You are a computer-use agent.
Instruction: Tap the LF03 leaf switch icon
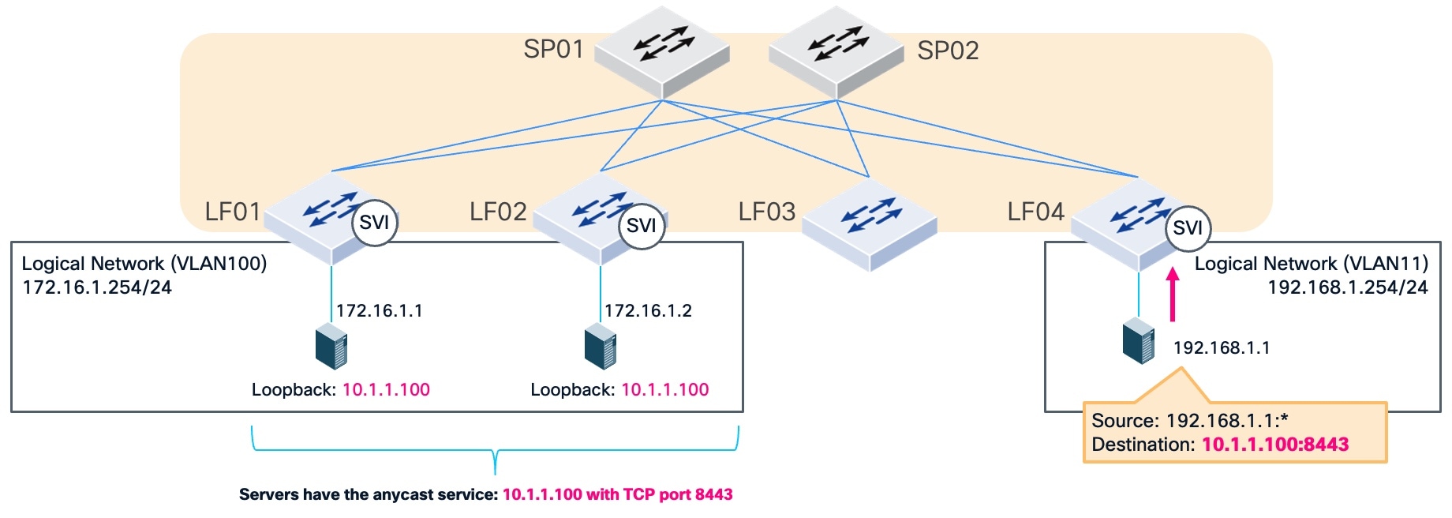tap(869, 224)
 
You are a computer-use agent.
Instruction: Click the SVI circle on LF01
tap(374, 223)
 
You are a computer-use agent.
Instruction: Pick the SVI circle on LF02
tap(641, 226)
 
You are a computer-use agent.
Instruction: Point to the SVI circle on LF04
tap(1188, 227)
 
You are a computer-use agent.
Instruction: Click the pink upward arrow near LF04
tap(1173, 294)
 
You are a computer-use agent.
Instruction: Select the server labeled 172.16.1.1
tap(331, 347)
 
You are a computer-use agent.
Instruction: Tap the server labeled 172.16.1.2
tap(601, 347)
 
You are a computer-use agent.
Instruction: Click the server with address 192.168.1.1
tap(1139, 341)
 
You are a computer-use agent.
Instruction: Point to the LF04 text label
tap(1035, 212)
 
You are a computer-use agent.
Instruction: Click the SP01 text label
tap(554, 49)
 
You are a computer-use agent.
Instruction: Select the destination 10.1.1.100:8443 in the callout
tap(1275, 445)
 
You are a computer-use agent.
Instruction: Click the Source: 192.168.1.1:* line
tap(1189, 421)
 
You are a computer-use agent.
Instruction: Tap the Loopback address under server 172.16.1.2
tap(664, 389)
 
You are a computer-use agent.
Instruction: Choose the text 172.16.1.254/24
tap(97, 287)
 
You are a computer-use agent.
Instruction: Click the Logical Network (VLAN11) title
tap(1311, 264)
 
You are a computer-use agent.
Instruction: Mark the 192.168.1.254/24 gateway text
tap(1347, 287)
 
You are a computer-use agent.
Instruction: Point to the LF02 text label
tap(498, 212)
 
